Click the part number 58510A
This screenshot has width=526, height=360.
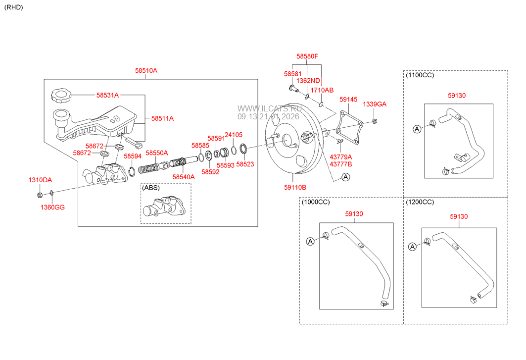coord(146,71)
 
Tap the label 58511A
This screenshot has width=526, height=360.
coord(162,118)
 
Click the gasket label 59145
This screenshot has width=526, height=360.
coord(348,100)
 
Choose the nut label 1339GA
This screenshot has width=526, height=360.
coord(375,104)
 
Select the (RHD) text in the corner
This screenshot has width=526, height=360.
coord(14,7)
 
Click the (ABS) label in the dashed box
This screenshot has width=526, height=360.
coord(150,188)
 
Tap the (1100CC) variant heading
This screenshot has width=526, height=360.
coord(421,75)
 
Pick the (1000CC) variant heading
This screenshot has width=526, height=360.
coord(316,202)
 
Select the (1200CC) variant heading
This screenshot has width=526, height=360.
coord(420,202)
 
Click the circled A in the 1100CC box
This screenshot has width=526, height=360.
coord(417,129)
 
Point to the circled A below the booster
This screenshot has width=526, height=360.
coord(345,177)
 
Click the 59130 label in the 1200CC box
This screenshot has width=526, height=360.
coord(459,216)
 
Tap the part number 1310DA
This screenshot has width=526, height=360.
coord(40,180)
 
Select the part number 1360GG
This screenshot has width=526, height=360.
coord(52,207)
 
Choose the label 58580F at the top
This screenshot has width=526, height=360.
coord(307,56)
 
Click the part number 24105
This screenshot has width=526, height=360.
coord(234,135)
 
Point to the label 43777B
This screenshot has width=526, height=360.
coord(340,164)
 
